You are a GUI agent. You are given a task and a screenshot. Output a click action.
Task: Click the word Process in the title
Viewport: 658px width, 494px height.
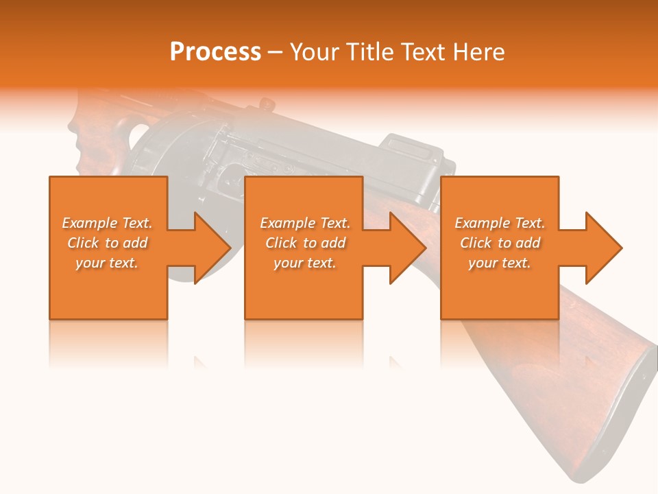215,52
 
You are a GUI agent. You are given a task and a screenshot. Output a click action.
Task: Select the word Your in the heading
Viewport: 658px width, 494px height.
314,52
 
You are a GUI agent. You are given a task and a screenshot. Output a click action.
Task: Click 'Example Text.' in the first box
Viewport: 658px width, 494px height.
107,223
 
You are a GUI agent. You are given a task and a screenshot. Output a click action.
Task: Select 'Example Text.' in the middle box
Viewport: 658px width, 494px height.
305,223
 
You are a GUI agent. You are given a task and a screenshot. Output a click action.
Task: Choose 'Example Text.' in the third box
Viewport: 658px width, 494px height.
500,223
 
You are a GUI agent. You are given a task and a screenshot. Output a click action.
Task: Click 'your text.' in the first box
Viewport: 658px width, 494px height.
107,263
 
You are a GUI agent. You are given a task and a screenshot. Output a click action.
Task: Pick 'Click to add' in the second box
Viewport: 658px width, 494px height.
305,243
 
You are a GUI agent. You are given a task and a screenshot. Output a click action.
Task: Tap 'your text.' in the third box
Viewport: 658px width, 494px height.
500,263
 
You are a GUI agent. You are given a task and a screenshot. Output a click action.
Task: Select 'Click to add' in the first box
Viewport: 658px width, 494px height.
107,243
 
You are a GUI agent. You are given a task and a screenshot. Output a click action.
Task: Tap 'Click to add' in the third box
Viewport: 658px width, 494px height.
500,243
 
